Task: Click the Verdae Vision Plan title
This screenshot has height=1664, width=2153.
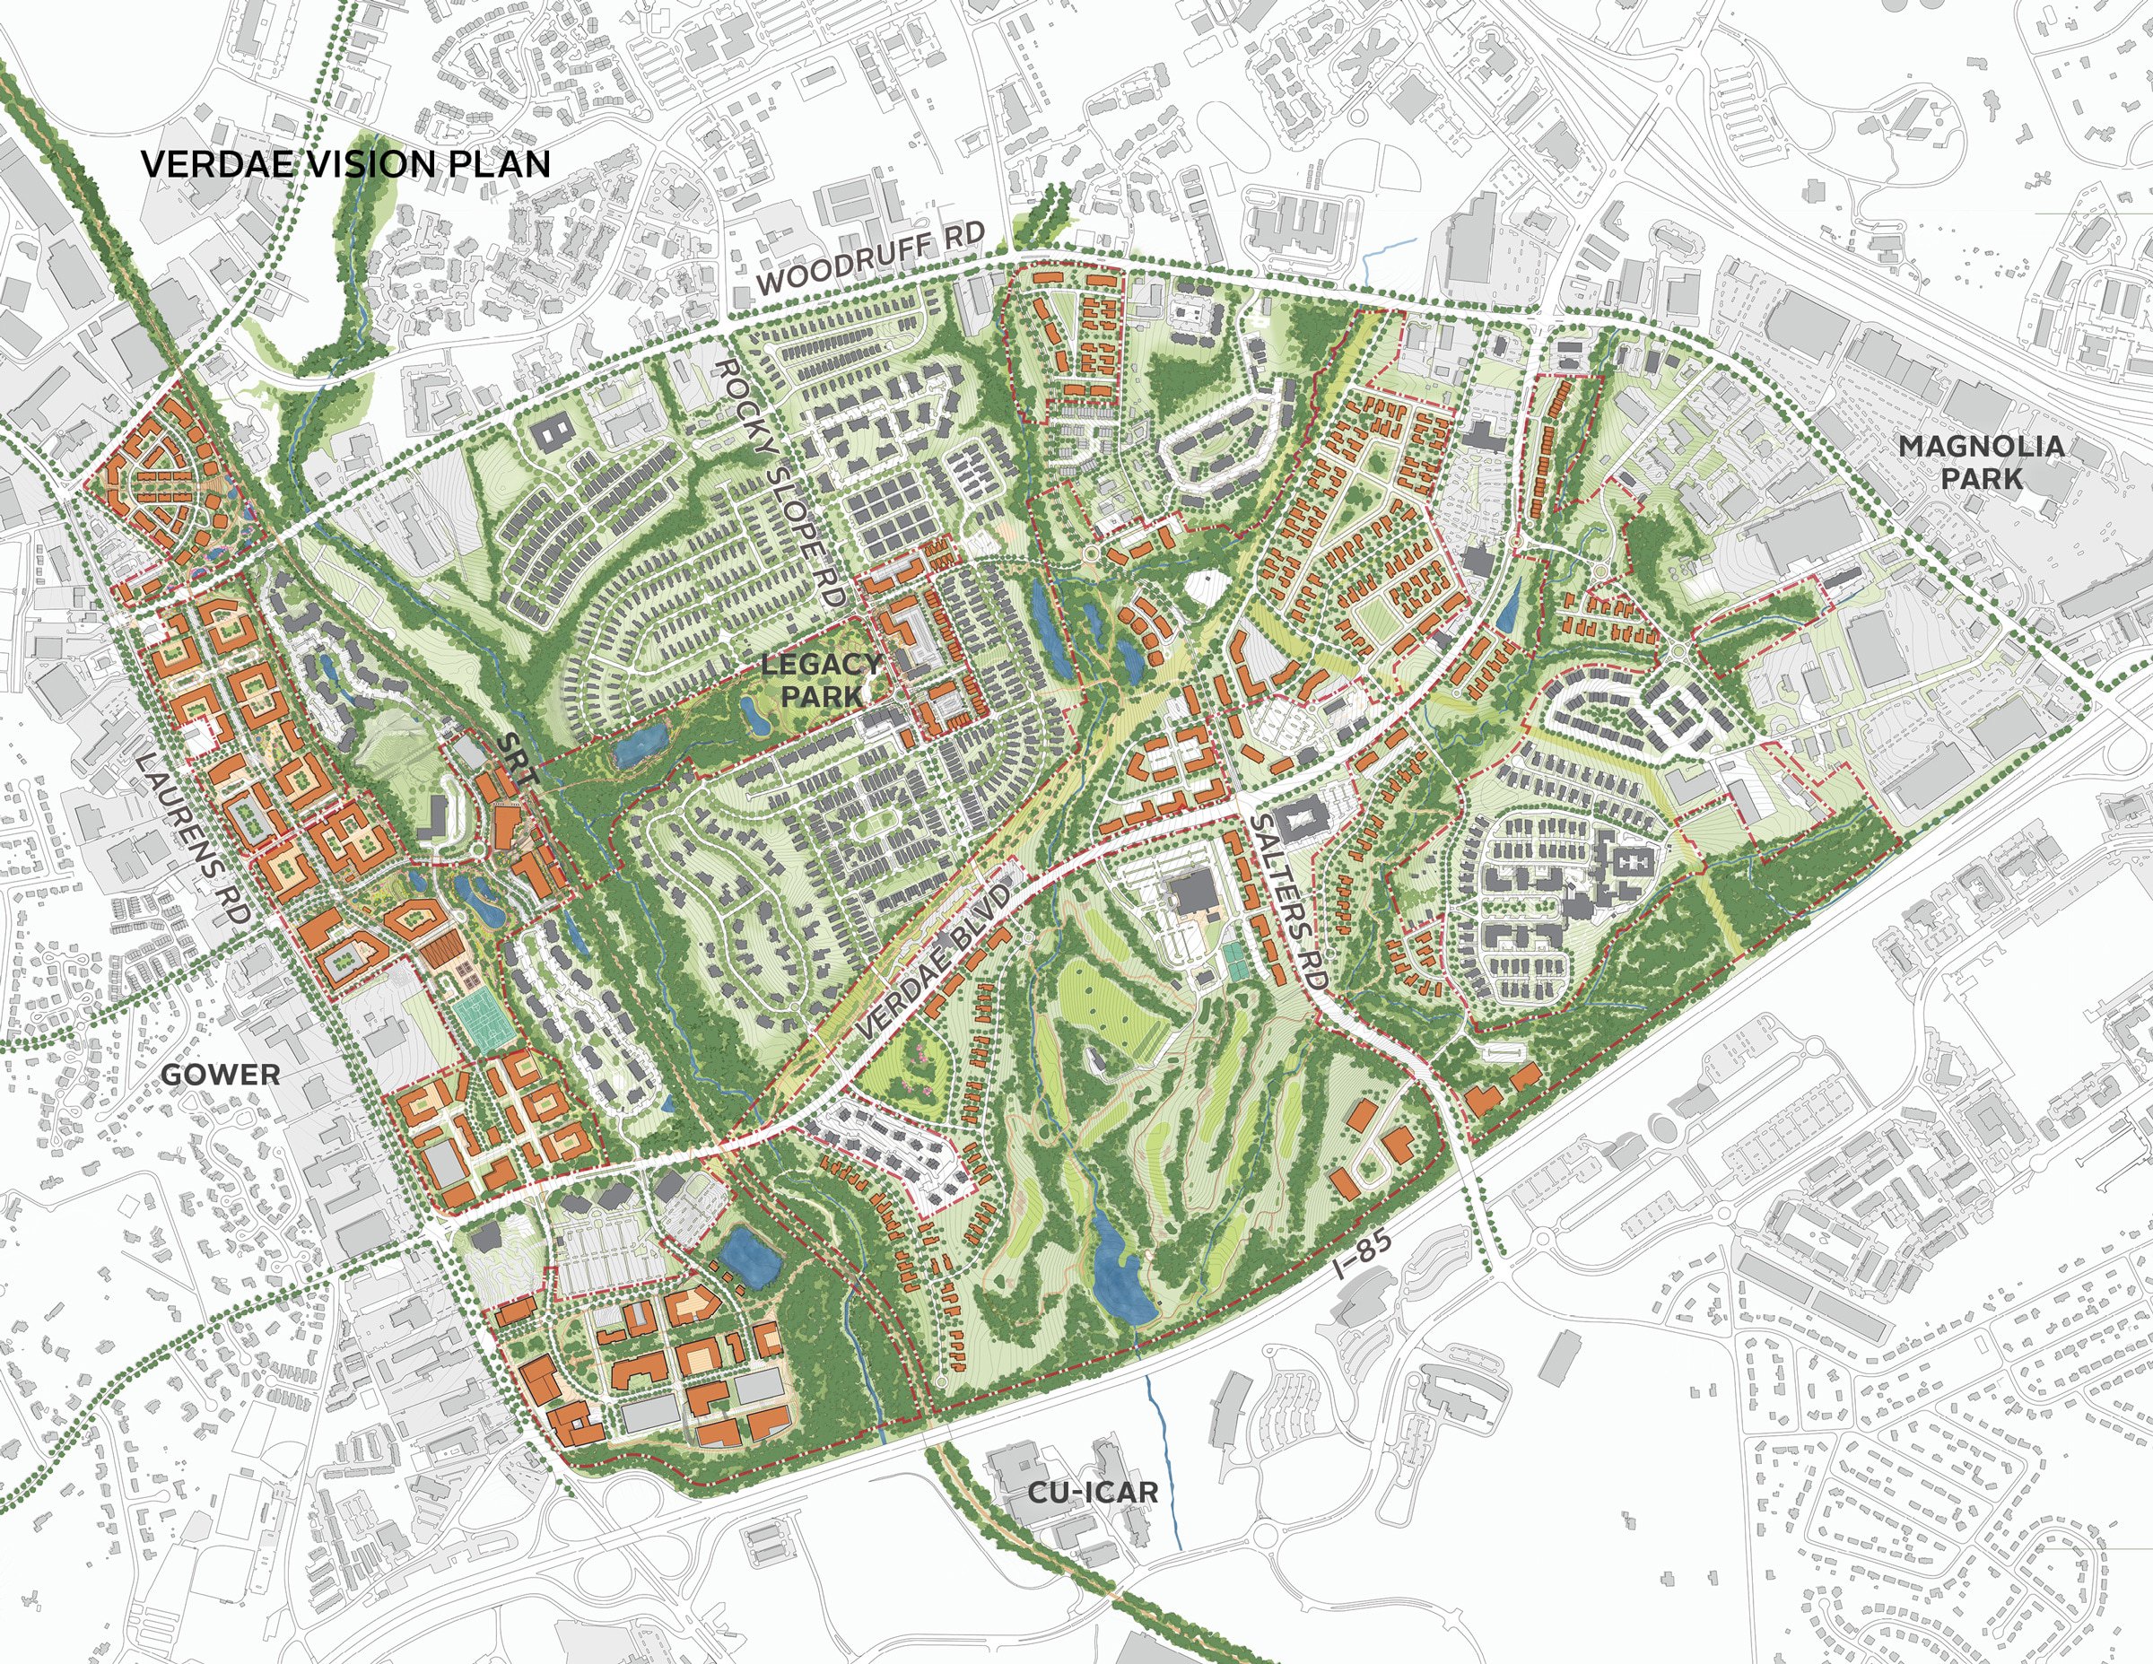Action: (345, 163)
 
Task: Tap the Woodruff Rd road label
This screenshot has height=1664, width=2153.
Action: (870, 257)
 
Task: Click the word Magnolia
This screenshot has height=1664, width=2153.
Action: (1982, 447)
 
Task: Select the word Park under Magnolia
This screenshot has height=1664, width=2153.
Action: (1982, 479)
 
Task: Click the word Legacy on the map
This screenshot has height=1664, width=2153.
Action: (821, 664)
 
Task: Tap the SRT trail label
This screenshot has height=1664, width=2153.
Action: (518, 758)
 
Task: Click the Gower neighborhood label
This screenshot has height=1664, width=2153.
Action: (220, 1075)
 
